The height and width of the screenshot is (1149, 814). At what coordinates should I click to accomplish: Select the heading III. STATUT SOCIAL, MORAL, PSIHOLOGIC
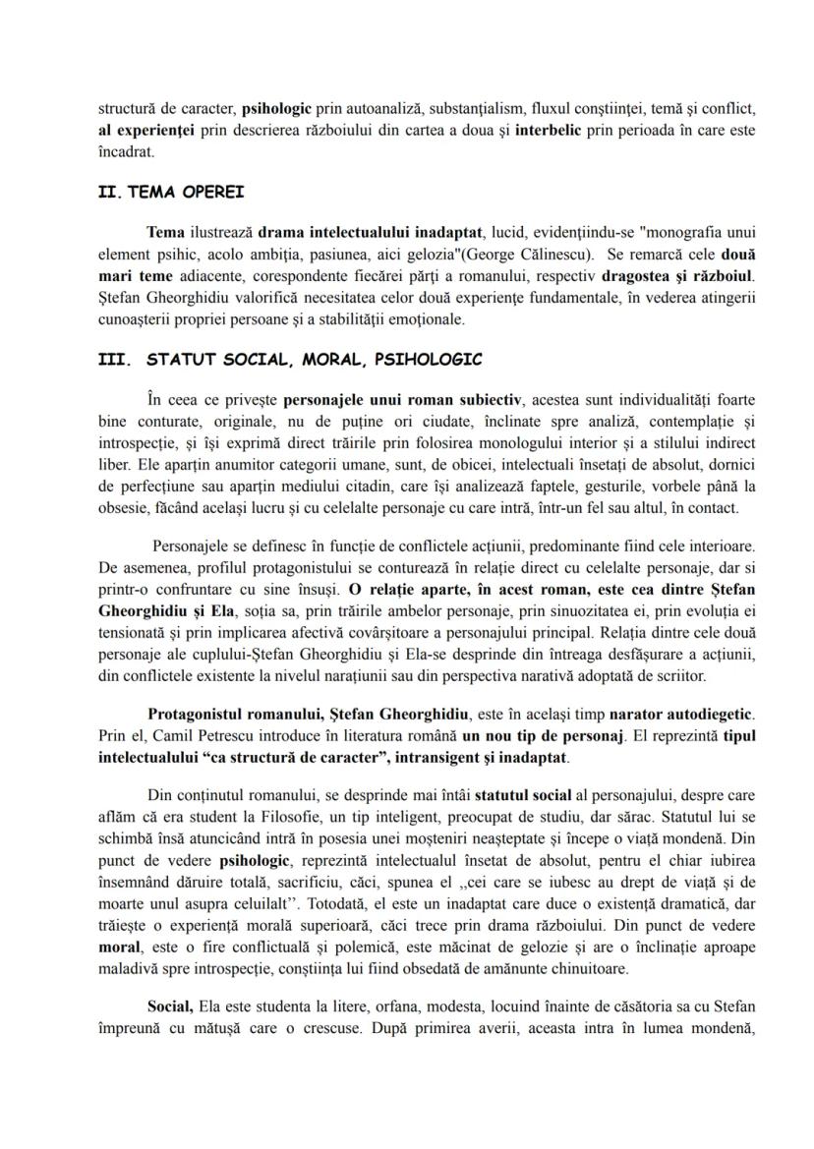[290, 360]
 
